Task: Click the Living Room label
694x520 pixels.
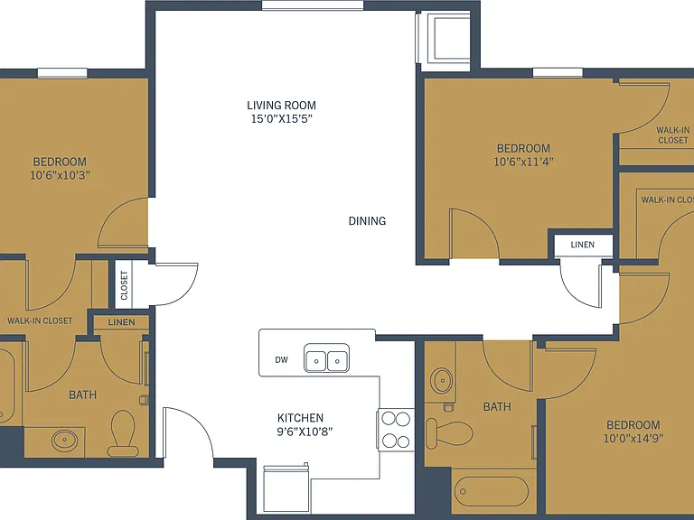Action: pos(282,106)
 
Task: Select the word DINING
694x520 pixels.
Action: pos(368,221)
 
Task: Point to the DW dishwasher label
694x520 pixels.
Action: pos(282,360)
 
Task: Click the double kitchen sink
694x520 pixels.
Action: pos(326,358)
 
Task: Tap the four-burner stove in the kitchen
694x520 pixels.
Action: pos(396,430)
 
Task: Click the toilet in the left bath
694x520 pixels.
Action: pos(123,433)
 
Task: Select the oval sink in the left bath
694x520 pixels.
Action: pos(65,441)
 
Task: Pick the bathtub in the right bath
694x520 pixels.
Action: pos(492,491)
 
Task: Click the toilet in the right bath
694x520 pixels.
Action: pos(449,433)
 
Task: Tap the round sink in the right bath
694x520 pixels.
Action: pos(441,380)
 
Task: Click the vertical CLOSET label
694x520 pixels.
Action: pos(124,285)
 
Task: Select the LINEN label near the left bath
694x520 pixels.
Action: pos(122,322)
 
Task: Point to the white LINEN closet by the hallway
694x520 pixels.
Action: pos(583,246)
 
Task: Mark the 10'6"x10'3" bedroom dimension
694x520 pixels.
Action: pos(61,175)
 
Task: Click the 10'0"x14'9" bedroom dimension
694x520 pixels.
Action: pos(633,439)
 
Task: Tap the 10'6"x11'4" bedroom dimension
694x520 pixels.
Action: pos(523,162)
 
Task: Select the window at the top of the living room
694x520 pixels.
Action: pos(313,5)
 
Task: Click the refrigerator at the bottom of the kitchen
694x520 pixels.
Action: pos(286,488)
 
